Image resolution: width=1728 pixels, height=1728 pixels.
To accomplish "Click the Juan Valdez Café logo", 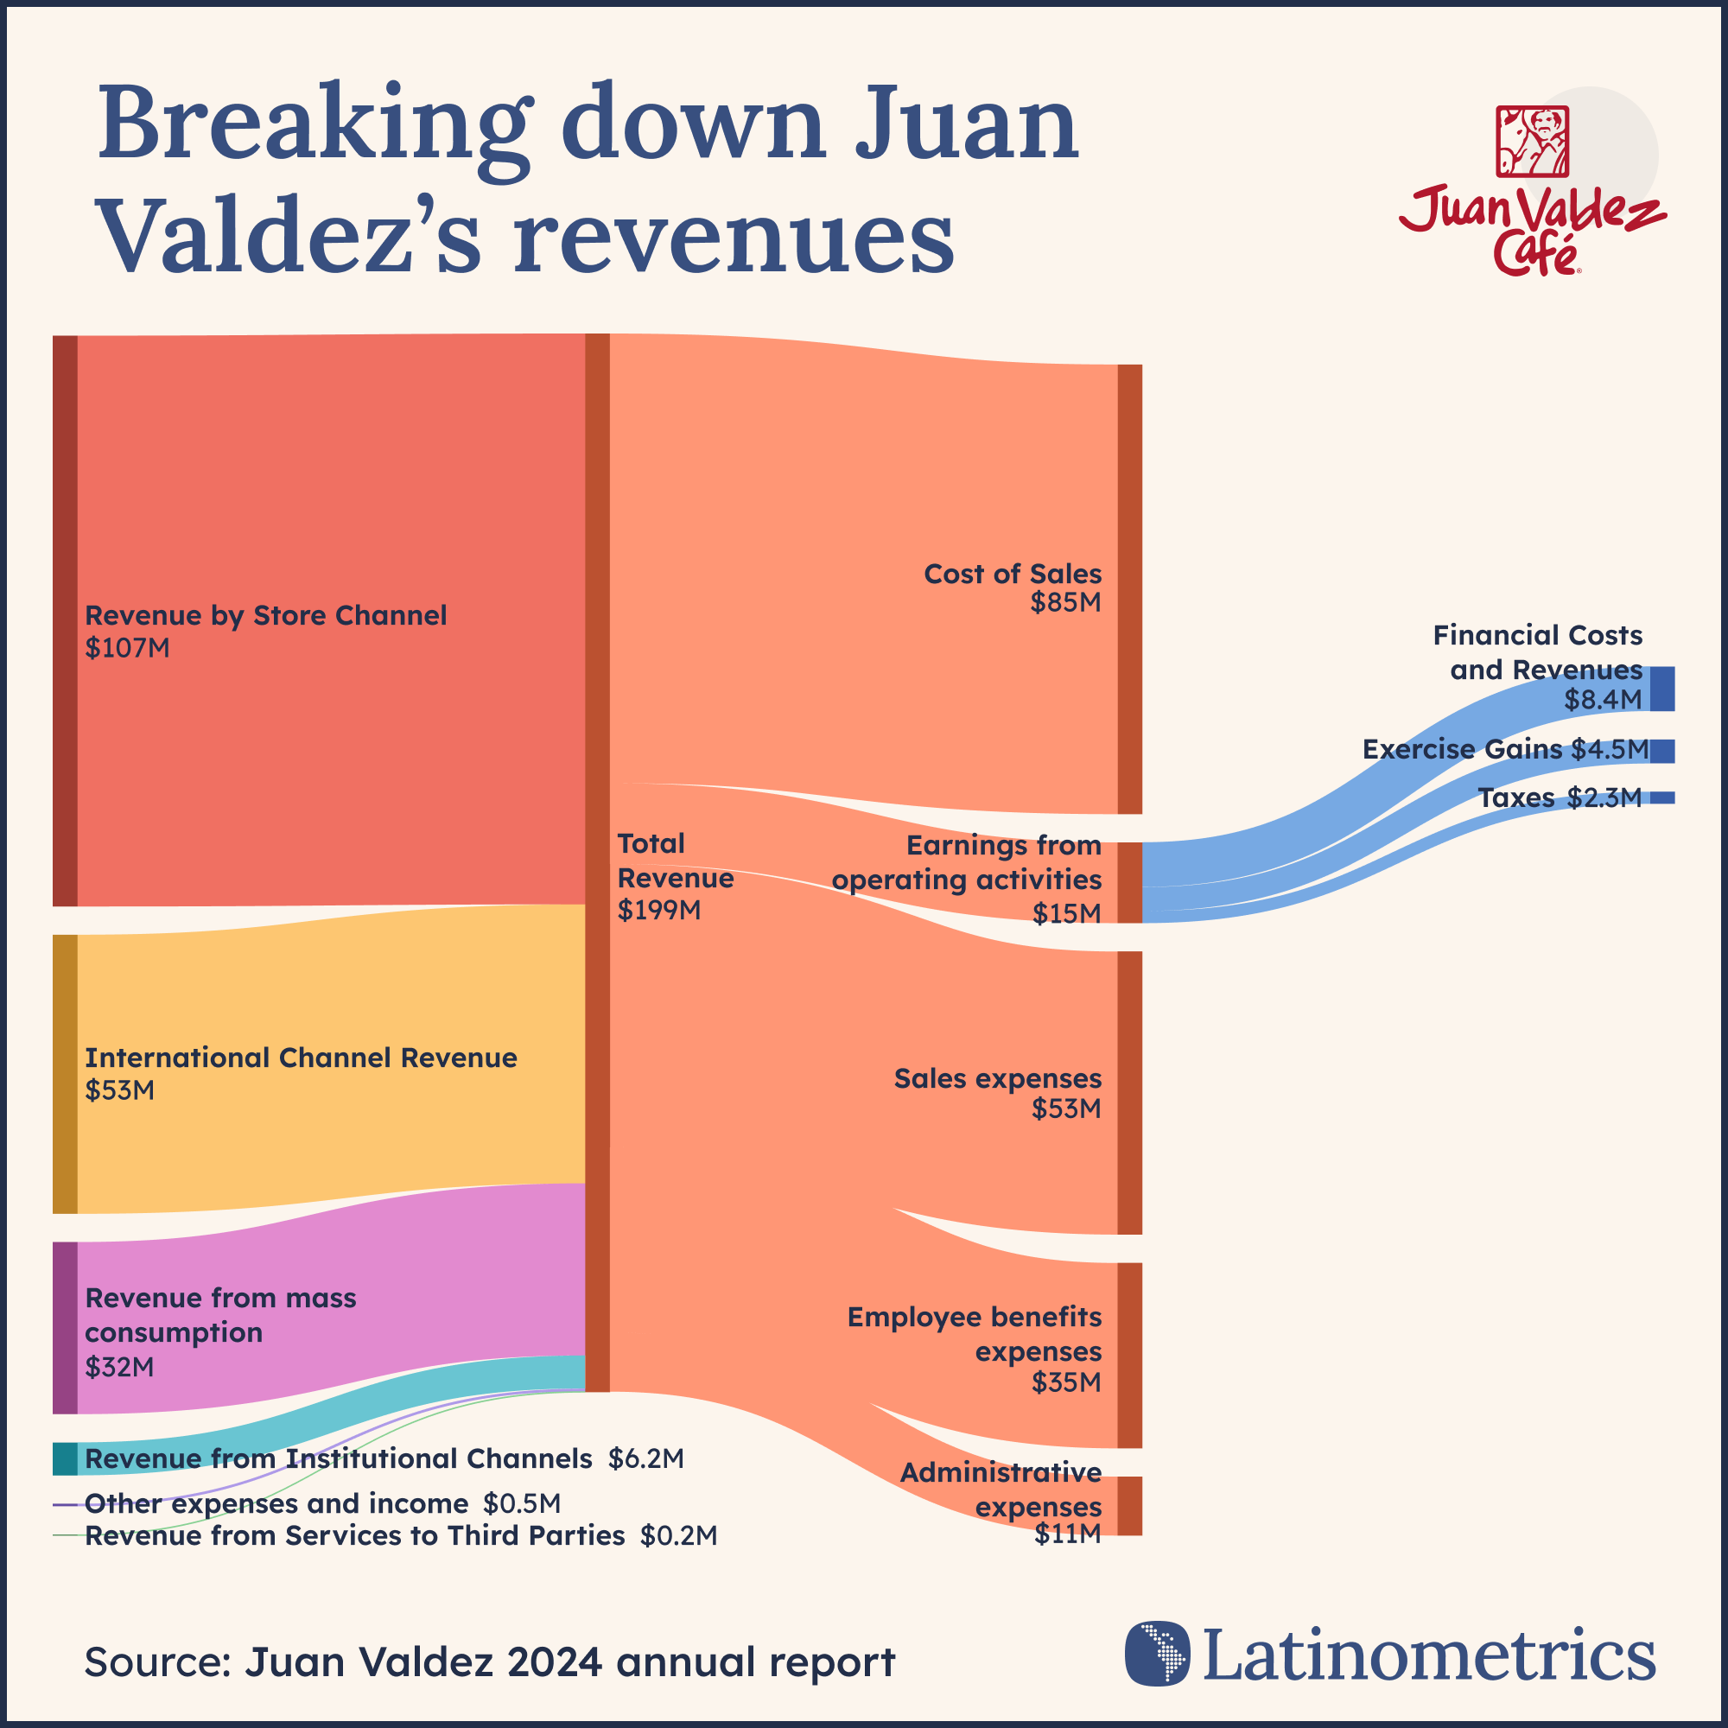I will click(1532, 189).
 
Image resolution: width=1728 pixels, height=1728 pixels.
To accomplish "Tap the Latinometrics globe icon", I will click(1158, 1653).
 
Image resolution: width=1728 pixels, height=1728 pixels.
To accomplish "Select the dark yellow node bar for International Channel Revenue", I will click(66, 1073).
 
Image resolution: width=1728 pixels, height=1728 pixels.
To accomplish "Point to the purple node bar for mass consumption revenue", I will click(66, 1327).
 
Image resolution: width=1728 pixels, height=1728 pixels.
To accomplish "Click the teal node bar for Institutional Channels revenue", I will click(66, 1458).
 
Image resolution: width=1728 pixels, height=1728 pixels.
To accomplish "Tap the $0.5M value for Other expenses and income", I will click(522, 1503).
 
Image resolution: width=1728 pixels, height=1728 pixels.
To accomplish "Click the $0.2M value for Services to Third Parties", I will click(678, 1535).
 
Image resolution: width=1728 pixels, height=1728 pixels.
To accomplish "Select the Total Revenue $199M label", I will click(675, 876).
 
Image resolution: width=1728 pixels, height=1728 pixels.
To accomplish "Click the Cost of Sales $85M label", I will click(1013, 588).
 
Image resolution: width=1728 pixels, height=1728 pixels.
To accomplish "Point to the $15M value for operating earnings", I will click(1066, 913).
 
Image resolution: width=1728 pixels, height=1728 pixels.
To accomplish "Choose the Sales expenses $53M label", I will click(997, 1093).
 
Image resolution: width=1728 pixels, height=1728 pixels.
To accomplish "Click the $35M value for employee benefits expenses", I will click(1066, 1382).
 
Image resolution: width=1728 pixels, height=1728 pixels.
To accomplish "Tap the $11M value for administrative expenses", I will click(1067, 1534).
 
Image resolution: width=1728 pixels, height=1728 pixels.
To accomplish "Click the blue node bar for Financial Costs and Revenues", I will click(1661, 689).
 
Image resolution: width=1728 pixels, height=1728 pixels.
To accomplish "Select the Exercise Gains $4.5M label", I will click(1504, 749).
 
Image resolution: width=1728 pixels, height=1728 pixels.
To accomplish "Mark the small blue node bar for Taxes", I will click(1661, 797).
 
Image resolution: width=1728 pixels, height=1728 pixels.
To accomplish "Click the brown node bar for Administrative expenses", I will click(1129, 1506).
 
